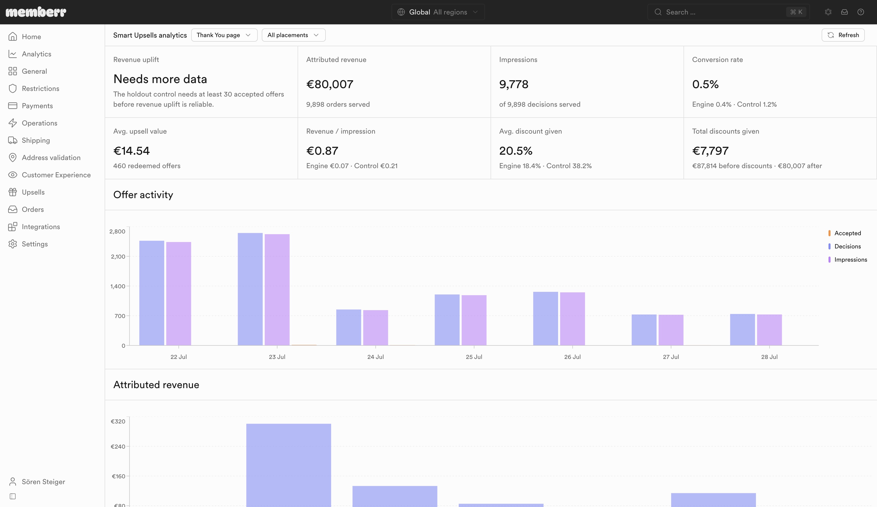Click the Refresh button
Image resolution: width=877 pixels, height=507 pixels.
pos(843,35)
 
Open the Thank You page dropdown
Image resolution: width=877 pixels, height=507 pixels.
pos(224,35)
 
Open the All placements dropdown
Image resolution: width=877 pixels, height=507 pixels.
pos(293,35)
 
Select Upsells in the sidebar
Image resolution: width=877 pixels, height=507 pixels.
pos(33,192)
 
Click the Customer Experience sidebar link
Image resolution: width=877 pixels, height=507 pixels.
pos(56,175)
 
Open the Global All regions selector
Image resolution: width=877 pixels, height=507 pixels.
pos(438,12)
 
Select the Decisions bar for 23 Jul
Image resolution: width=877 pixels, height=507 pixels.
pos(250,289)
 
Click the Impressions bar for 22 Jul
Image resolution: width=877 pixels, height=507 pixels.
pos(178,294)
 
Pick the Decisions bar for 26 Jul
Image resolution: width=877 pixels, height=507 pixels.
pos(545,319)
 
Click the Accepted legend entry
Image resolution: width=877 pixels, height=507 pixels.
pos(845,233)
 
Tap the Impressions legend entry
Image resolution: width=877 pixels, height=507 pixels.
pos(847,259)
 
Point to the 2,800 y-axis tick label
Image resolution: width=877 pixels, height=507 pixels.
pos(117,231)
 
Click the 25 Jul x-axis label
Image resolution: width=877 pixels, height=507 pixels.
pos(474,357)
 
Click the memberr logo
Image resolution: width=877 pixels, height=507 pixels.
pos(36,12)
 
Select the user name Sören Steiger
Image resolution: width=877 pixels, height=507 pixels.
pos(43,482)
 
